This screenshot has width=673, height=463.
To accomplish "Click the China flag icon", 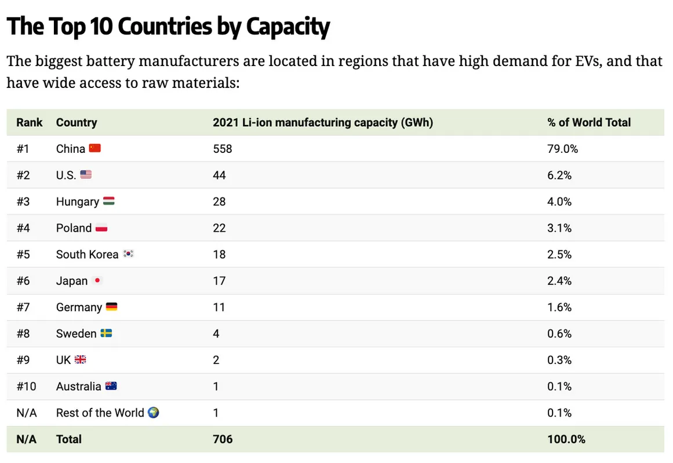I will coord(95,149).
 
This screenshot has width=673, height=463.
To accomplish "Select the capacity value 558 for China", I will coord(222,149).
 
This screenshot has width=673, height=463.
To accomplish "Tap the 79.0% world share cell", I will coord(562,149).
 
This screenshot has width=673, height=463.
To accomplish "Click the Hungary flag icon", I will coord(108,201).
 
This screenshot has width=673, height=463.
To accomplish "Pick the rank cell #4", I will coord(23,228).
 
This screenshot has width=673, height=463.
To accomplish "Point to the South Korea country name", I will coord(87,255).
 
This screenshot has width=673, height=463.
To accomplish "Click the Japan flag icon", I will coord(97,281).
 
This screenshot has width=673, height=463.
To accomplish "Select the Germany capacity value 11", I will coord(219,307).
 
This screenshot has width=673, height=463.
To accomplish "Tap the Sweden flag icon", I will coord(106,333).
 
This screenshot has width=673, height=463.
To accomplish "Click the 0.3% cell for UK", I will coord(559,360).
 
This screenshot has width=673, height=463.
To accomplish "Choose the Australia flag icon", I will coord(110,386).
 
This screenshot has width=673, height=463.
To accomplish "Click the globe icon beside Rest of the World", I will coord(154,413).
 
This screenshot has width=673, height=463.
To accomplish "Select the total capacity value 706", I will coord(223,439).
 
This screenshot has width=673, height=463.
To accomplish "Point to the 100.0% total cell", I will coord(566,439).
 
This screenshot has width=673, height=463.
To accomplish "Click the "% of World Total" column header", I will coord(588,123).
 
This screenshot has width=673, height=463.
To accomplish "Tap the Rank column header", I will coord(30,123).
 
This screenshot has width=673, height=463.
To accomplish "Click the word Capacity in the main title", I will coord(288,27).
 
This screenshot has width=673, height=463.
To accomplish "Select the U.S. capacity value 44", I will coord(219,175).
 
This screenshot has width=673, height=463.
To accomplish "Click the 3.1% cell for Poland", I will coord(559,228).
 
